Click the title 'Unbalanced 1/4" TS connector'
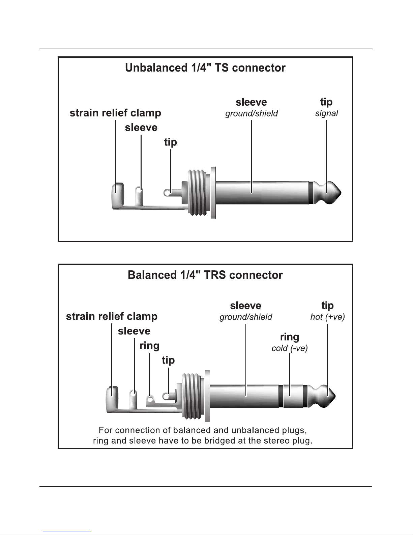pyautogui.click(x=205, y=68)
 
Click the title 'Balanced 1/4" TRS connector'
pyautogui.click(x=205, y=275)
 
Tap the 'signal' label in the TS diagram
pyautogui.click(x=326, y=113)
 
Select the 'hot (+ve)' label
pyautogui.click(x=327, y=317)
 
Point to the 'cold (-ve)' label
pyautogui.click(x=290, y=348)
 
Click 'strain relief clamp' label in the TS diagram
pyautogui.click(x=115, y=113)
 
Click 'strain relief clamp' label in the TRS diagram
pyautogui.click(x=112, y=317)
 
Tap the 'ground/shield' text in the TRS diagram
pyautogui.click(x=246, y=317)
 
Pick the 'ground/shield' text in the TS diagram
pyautogui.click(x=252, y=113)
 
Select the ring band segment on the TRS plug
pyautogui.click(x=293, y=396)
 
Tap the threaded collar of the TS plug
pyautogui.click(x=197, y=192)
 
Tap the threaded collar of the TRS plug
pyautogui.click(x=191, y=396)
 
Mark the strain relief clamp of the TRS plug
pyautogui.click(x=112, y=399)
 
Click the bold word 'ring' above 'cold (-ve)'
pyautogui.click(x=290, y=337)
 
